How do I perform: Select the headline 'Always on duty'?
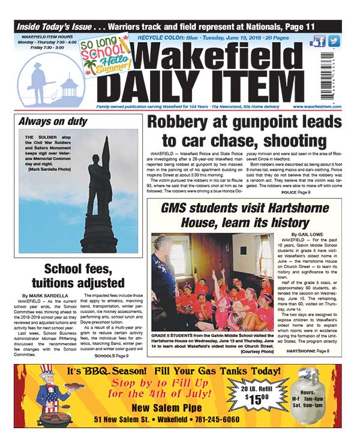pyautogui.click(x=50, y=121)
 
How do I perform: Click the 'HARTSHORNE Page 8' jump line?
pyautogui.click(x=308, y=350)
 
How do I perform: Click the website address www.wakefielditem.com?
pyautogui.click(x=317, y=107)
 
